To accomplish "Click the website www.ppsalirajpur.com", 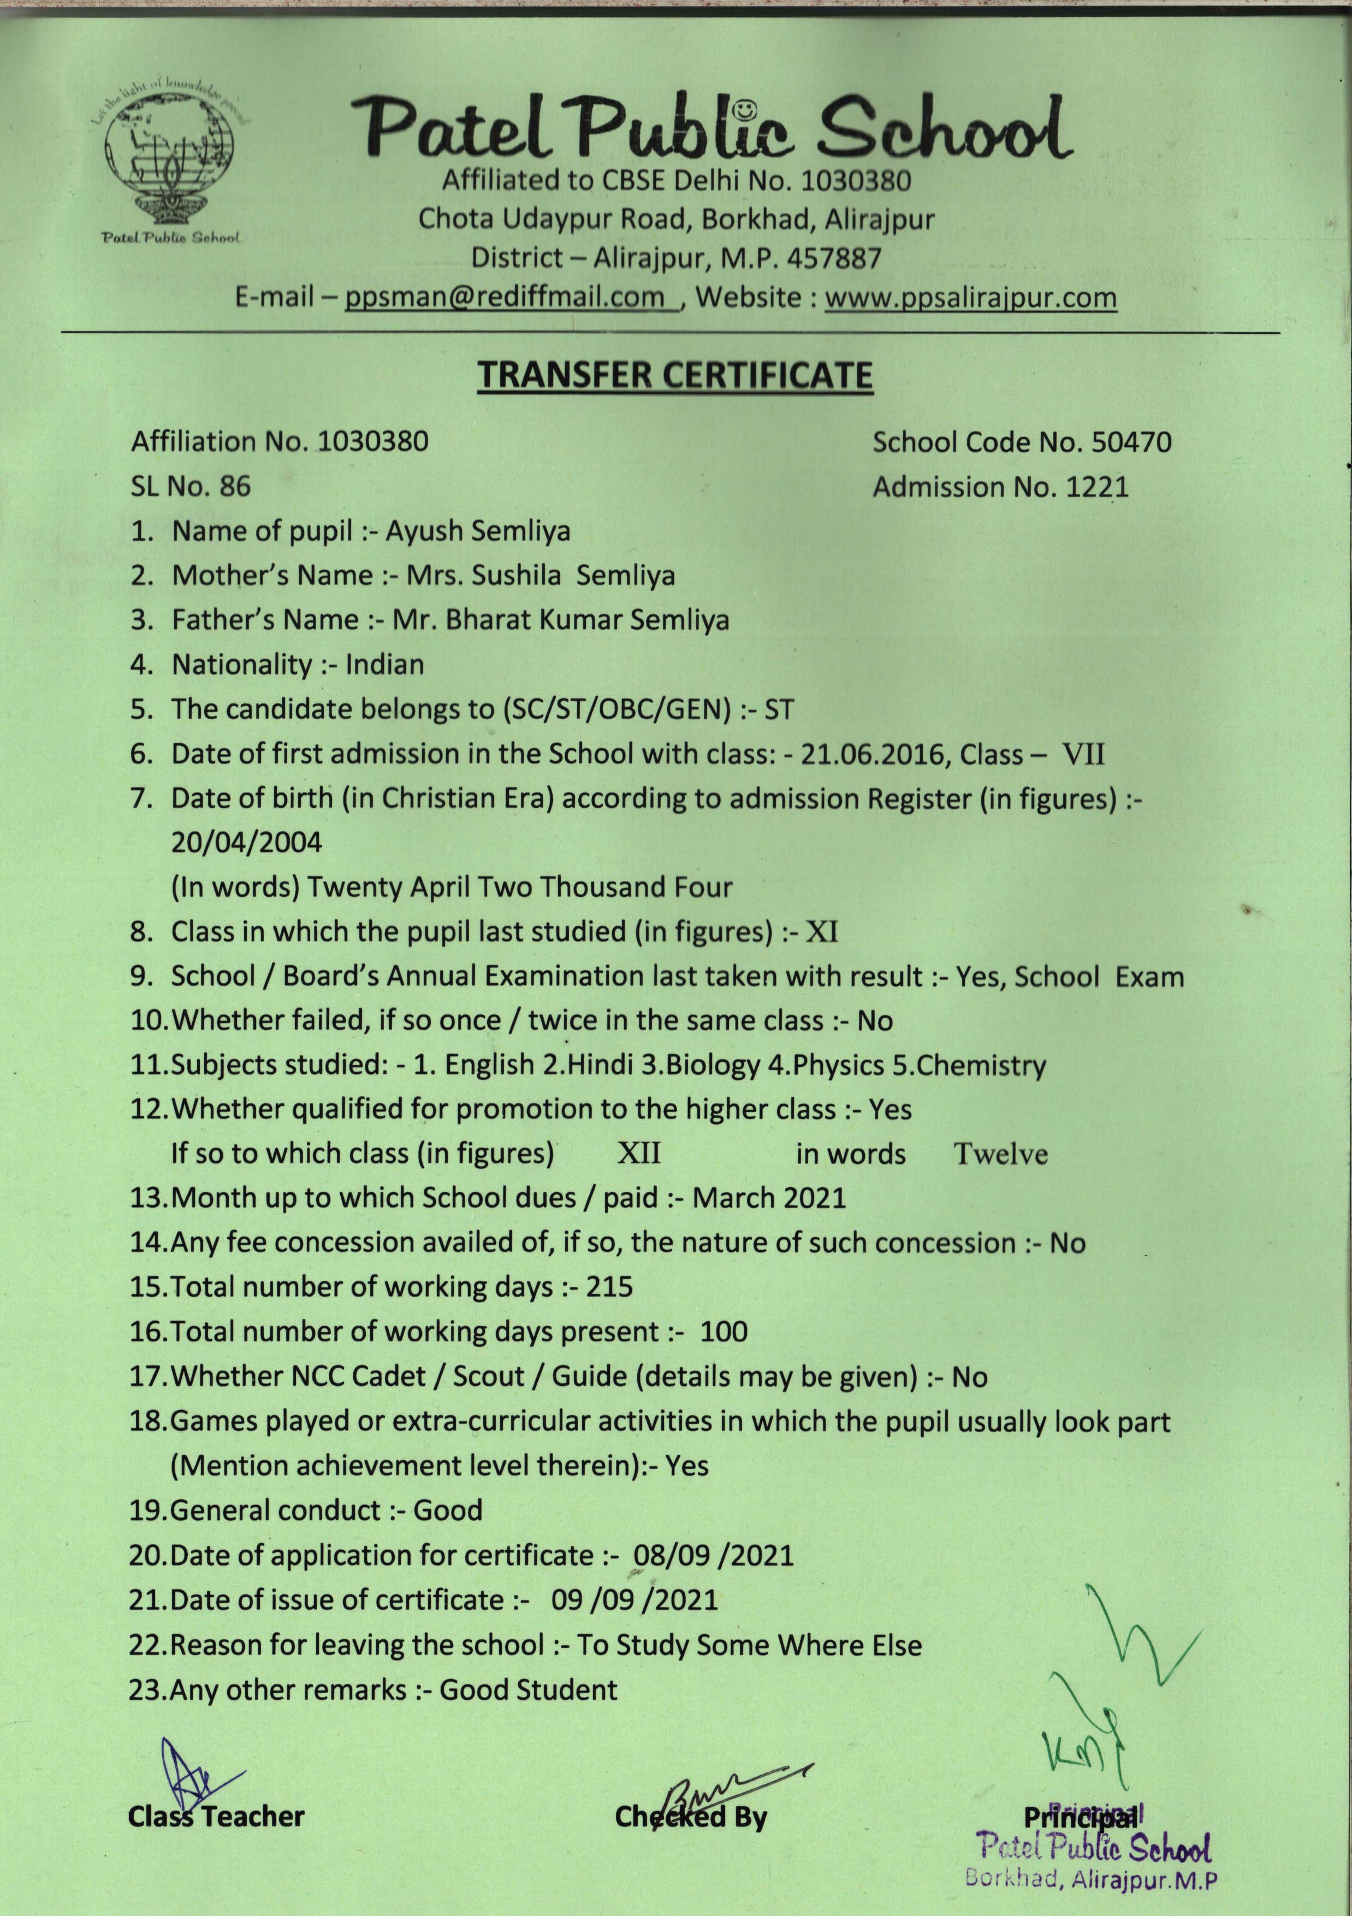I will pos(970,297).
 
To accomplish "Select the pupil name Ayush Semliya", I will pos(477,531).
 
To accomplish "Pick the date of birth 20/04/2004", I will pos(246,842).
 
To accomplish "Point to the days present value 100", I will pos(723,1331).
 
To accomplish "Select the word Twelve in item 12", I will pos(1000,1154).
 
